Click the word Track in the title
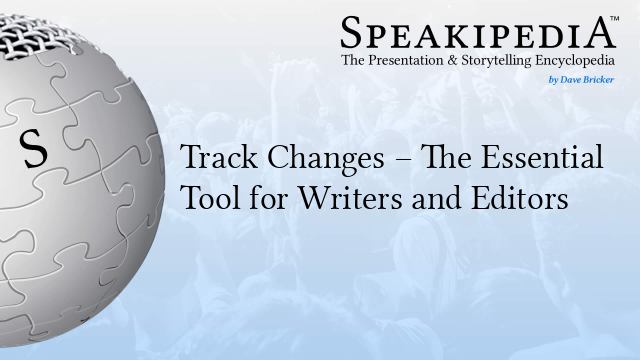click(x=210, y=159)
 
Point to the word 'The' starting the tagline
click(x=355, y=61)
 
